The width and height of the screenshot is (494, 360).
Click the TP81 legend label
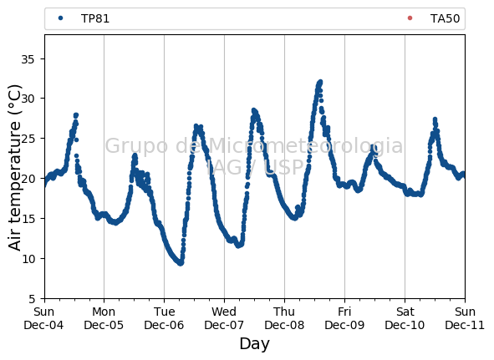pyautogui.click(x=95, y=18)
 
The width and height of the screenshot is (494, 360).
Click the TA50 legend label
pyautogui.click(x=445, y=18)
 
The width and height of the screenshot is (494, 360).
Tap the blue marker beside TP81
pyautogui.click(x=61, y=18)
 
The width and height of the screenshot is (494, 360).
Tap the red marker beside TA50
pyautogui.click(x=410, y=18)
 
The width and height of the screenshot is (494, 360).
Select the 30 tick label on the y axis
pyautogui.click(x=28, y=99)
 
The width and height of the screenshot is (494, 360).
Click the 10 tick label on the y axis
pyautogui.click(x=28, y=259)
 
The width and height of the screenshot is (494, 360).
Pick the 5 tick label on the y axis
pyautogui.click(x=31, y=299)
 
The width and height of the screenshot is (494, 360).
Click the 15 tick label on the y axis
pyautogui.click(x=28, y=219)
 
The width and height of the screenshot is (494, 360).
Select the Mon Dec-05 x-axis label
pyautogui.click(x=104, y=318)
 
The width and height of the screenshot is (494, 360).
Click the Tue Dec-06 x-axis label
pyautogui.click(x=164, y=318)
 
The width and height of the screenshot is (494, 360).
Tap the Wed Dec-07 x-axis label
pyautogui.click(x=224, y=318)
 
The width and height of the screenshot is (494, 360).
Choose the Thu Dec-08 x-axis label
pyautogui.click(x=284, y=318)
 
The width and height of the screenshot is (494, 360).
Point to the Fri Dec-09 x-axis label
pyautogui.click(x=344, y=318)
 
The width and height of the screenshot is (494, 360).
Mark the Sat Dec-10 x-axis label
pyautogui.click(x=405, y=318)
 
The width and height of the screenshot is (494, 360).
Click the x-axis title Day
pyautogui.click(x=255, y=343)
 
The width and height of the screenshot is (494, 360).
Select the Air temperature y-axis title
pyautogui.click(x=14, y=168)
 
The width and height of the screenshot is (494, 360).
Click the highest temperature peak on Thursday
pyautogui.click(x=320, y=82)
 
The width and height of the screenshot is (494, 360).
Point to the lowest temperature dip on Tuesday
pyautogui.click(x=181, y=263)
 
